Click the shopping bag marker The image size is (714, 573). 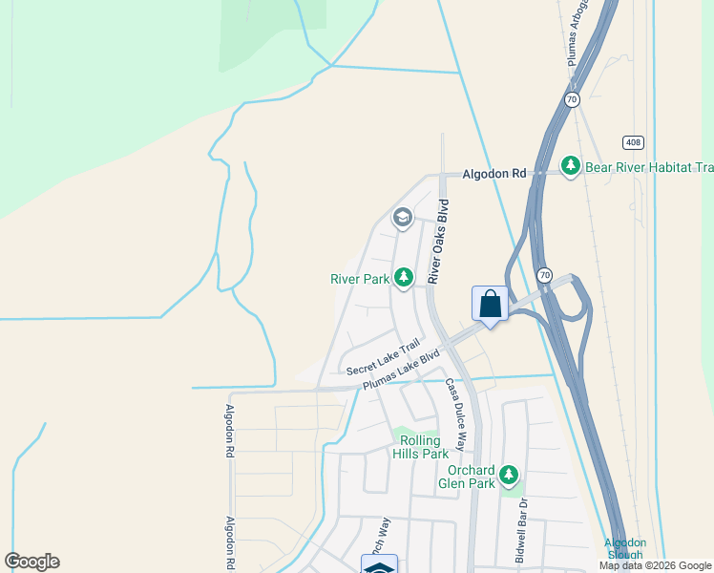[x=491, y=305]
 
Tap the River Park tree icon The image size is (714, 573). [x=405, y=278]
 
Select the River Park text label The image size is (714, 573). [x=360, y=279]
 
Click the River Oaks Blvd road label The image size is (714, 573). [x=439, y=242]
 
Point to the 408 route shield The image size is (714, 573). [x=634, y=142]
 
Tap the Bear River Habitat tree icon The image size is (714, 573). [x=571, y=167]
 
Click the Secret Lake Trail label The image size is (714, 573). [x=383, y=358]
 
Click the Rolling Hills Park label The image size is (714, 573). [x=420, y=447]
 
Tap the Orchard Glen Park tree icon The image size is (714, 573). [x=509, y=474]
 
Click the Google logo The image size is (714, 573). [x=31, y=562]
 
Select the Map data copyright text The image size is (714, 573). [x=656, y=565]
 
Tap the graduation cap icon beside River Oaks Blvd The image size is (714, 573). [x=402, y=219]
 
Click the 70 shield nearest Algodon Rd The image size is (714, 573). [x=571, y=99]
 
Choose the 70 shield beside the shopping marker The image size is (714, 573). [x=544, y=275]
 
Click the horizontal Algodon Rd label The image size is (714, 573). [x=494, y=174]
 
